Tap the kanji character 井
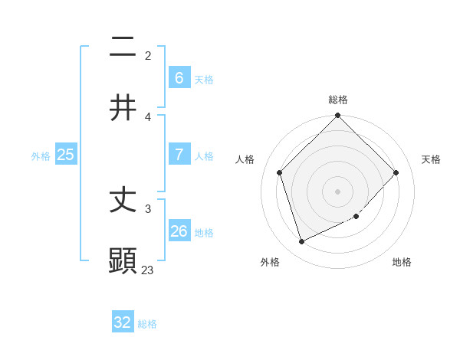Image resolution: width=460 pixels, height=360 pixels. click(123, 108)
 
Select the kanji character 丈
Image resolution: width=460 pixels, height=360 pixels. click(123, 201)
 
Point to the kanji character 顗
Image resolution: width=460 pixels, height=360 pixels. click(123, 260)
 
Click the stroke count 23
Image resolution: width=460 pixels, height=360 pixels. click(148, 270)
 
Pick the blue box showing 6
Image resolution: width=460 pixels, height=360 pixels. click(179, 78)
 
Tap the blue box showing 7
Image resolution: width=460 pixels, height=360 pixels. click(179, 155)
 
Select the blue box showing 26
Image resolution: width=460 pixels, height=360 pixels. click(179, 231)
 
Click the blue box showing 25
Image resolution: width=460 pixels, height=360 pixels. click(65, 155)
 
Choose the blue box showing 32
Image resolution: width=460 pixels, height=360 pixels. click(123, 322)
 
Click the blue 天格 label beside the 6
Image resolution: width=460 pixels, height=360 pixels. click(204, 80)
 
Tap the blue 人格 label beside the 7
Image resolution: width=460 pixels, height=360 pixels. click(204, 156)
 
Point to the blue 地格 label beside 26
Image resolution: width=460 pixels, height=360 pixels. click(204, 233)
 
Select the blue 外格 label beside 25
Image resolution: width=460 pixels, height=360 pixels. click(41, 156)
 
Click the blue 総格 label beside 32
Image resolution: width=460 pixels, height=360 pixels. click(147, 324)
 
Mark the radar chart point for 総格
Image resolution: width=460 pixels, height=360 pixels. click(337, 116)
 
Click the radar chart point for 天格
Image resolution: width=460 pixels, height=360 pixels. click(396, 172)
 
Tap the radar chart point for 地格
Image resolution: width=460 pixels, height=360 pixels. click(356, 217)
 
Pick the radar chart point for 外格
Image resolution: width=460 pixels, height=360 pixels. click(301, 242)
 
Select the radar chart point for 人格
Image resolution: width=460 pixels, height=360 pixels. click(279, 172)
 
